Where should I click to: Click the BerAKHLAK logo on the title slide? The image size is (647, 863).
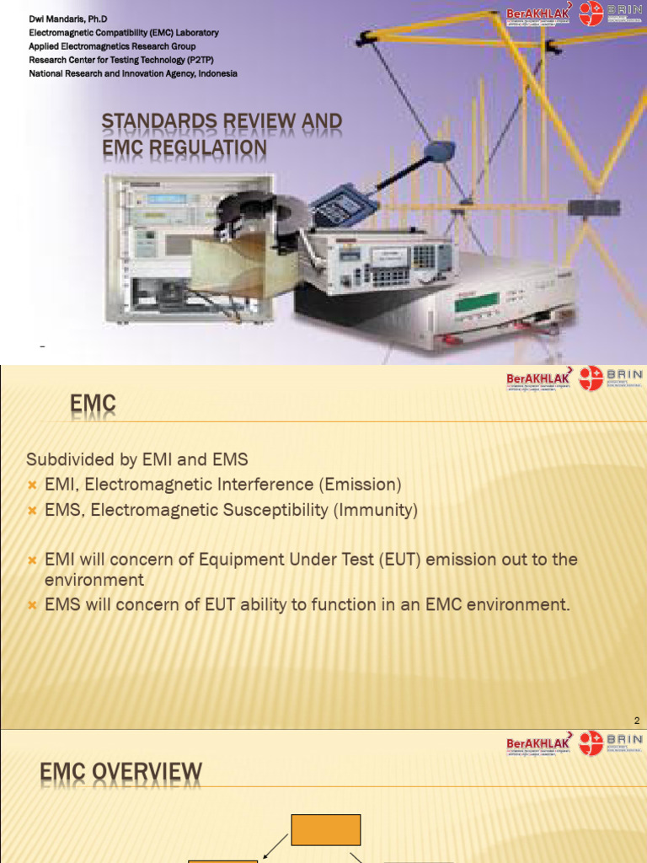[x=538, y=14]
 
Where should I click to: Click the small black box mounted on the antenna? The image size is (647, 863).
[x=593, y=208]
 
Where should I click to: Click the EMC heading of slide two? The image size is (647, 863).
[x=93, y=407]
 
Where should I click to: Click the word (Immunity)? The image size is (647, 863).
[x=376, y=511]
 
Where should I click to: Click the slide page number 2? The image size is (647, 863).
[x=637, y=721]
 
